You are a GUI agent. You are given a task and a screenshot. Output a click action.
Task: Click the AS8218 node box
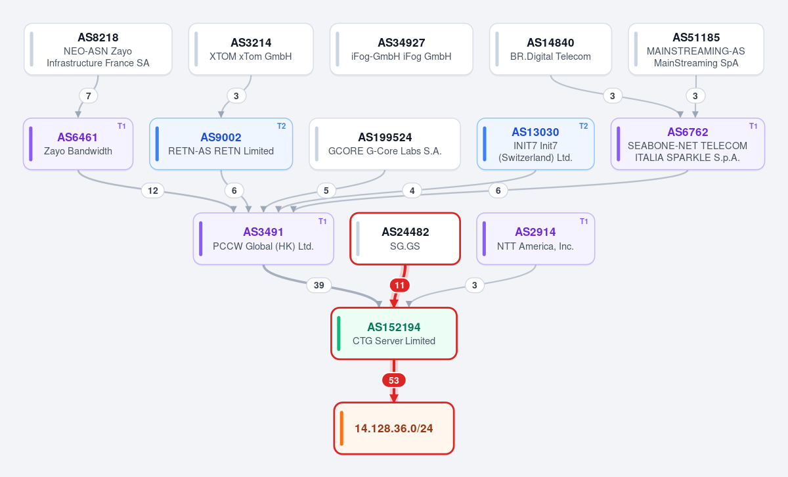coord(98,49)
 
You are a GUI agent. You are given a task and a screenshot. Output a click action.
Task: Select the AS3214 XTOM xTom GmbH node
coord(251,49)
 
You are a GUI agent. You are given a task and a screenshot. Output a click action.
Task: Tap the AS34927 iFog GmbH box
coord(401,49)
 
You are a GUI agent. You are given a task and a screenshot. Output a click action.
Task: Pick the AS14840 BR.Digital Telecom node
coord(550,49)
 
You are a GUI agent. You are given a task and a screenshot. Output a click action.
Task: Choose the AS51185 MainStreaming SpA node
coord(696,49)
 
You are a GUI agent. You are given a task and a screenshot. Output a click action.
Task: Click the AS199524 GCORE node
coord(385,144)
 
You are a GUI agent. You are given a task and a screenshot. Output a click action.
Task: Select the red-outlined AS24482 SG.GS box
coord(405,238)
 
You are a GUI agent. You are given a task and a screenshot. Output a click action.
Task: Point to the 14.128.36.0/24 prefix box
coord(394,428)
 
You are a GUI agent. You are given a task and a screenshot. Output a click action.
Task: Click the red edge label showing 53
coord(394,380)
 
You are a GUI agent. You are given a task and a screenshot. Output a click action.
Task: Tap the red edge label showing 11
coord(400,285)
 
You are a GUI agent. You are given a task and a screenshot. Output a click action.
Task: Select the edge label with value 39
coord(319,285)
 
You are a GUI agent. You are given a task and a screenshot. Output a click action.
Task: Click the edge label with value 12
coord(152,191)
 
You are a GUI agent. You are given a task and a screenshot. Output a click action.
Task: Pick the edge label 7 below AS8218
coord(88,96)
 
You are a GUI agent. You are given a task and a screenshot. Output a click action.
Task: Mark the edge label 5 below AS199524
coord(326,191)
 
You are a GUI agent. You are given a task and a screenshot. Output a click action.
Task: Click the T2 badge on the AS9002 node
coord(282,126)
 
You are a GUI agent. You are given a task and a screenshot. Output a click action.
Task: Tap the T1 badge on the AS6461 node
coord(121,126)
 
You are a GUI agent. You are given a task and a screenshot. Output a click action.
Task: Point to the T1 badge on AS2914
coord(584,221)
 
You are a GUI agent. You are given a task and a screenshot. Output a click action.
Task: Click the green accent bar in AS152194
coord(339,333)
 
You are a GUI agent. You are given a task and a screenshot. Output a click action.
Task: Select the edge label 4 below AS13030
coord(412,191)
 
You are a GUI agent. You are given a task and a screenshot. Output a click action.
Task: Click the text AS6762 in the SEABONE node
coord(688,132)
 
